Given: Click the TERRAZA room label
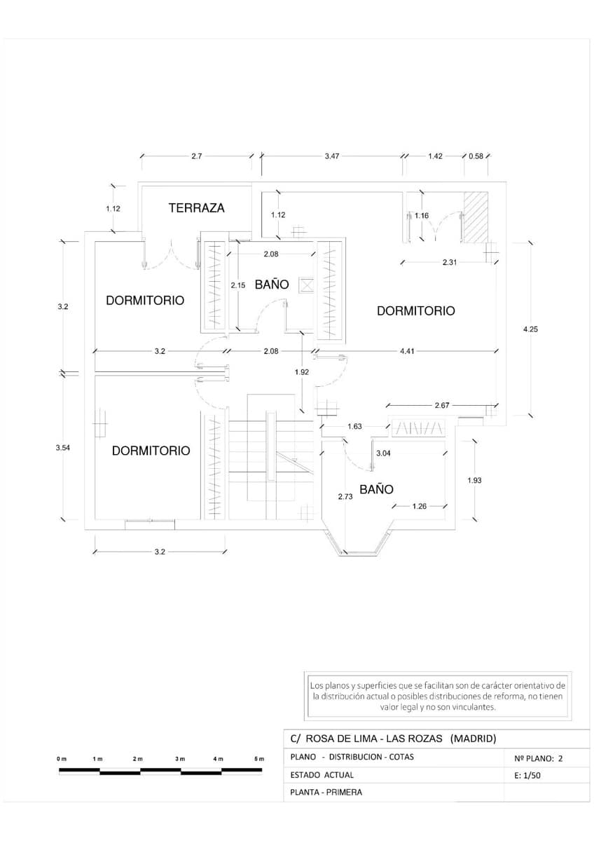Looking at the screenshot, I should [196, 208].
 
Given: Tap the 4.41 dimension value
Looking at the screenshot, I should [407, 351].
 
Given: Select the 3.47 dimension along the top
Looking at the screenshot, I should [332, 156].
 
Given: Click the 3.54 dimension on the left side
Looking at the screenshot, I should [62, 447].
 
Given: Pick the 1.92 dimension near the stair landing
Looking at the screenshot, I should [302, 372].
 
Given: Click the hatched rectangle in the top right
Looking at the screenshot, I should [478, 217].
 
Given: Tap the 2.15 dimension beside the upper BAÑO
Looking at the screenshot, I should [238, 285].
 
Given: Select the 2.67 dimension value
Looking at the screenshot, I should [441, 405].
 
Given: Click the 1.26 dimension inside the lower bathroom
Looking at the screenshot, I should [420, 506].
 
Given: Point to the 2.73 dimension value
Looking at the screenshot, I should [345, 496].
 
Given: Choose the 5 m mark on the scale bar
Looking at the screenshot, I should [259, 759].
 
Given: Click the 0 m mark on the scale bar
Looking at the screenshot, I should [62, 759].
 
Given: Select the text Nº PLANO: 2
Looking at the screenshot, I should [539, 758].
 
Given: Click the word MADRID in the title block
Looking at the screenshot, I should [474, 739].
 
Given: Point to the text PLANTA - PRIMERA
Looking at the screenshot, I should [326, 793].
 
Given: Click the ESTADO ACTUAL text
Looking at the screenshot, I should [322, 775].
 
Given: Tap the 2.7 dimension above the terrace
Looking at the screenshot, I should [196, 156].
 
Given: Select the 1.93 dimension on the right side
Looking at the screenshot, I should [474, 480].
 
